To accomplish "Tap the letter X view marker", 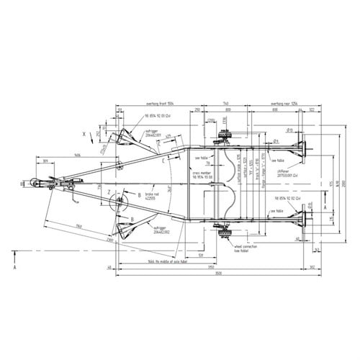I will (x=85, y=134).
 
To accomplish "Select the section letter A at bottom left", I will (x=14, y=265).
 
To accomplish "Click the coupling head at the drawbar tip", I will (x=35, y=184).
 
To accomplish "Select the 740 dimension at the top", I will (x=225, y=104).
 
